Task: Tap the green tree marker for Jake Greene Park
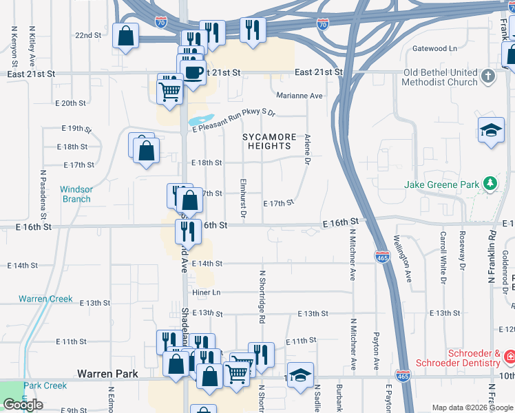click(x=489, y=184)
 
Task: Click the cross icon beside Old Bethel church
click(x=488, y=76)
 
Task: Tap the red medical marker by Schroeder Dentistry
click(x=509, y=357)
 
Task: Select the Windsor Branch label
click(x=75, y=194)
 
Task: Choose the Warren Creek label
click(x=45, y=299)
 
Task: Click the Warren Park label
click(x=107, y=374)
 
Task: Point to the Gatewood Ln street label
click(x=434, y=49)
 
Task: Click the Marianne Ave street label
click(x=299, y=96)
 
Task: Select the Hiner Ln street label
click(x=206, y=292)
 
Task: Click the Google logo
click(x=23, y=405)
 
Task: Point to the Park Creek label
click(x=45, y=385)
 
